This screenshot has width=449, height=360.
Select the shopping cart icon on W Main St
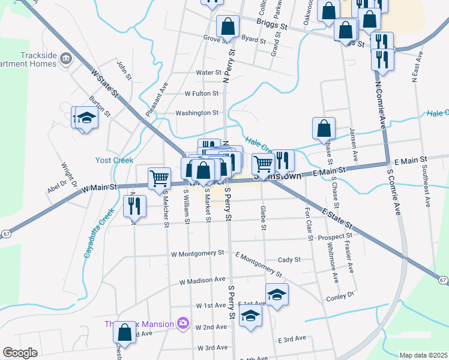(159, 178)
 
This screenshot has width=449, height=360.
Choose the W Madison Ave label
(202, 280)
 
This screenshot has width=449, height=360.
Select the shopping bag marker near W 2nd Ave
(124, 332)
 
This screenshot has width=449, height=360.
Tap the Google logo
(20, 353)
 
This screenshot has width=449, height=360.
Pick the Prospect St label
(335, 237)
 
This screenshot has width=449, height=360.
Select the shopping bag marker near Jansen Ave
(324, 128)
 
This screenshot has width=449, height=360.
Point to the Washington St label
(197, 113)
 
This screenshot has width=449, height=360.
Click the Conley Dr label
(340, 296)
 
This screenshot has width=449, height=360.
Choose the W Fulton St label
(202, 94)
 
